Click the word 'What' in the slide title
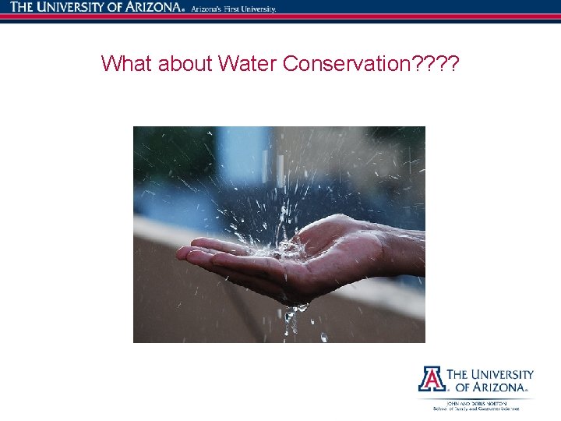click(126, 63)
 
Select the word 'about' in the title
click(185, 63)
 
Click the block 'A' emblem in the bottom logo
click(431, 379)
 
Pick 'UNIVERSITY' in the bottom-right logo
click(501, 374)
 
